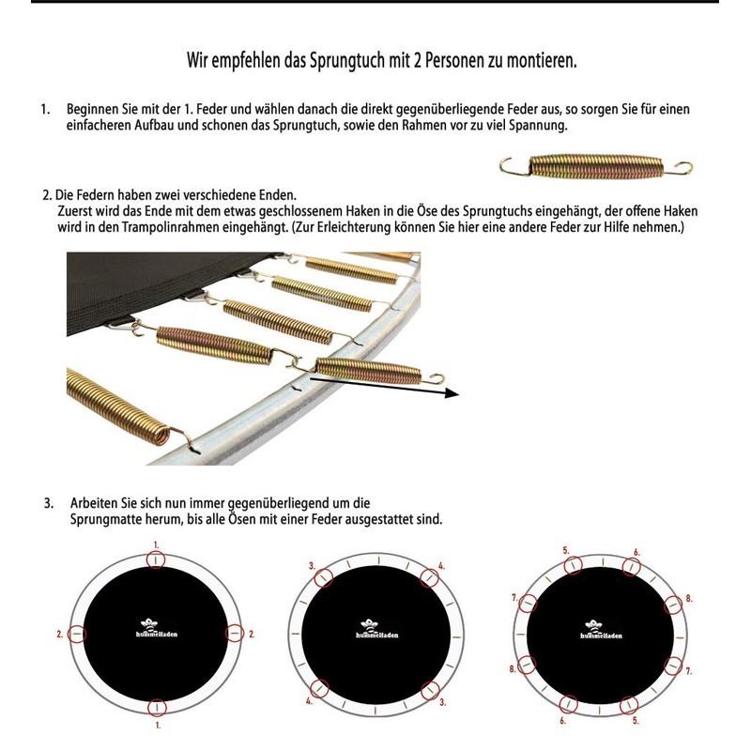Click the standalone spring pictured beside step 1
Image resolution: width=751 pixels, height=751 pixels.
(595, 169)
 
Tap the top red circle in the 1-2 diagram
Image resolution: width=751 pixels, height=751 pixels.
(157, 560)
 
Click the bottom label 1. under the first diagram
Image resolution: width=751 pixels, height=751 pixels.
(157, 725)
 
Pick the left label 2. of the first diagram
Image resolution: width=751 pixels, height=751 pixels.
(60, 635)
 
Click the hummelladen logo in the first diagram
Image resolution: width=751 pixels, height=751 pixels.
(157, 631)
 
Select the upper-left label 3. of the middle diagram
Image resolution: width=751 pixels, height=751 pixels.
(312, 566)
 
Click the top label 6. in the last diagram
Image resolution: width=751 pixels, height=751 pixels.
(636, 552)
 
